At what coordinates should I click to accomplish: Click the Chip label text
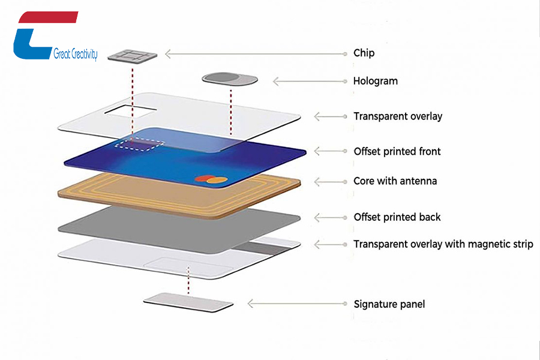click(x=364, y=53)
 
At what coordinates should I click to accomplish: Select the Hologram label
click(x=375, y=81)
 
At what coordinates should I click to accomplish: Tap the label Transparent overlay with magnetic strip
click(x=443, y=244)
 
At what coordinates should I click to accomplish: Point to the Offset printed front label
click(x=397, y=152)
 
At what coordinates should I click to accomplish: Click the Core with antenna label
click(x=395, y=181)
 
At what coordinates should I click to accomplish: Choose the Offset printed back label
click(x=397, y=217)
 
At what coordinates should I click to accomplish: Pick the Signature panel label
click(x=389, y=304)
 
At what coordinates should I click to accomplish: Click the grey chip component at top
click(x=133, y=55)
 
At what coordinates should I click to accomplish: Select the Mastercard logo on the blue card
click(x=204, y=179)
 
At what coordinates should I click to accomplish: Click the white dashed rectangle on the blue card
click(x=140, y=145)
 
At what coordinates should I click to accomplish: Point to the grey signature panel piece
click(x=188, y=302)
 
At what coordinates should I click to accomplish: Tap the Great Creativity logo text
click(x=75, y=54)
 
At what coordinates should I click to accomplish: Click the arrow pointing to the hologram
click(x=309, y=81)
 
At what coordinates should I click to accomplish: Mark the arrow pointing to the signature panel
click(x=296, y=304)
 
